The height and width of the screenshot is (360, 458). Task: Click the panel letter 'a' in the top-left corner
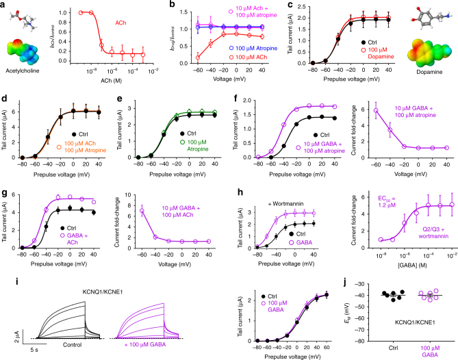point(5,6)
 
